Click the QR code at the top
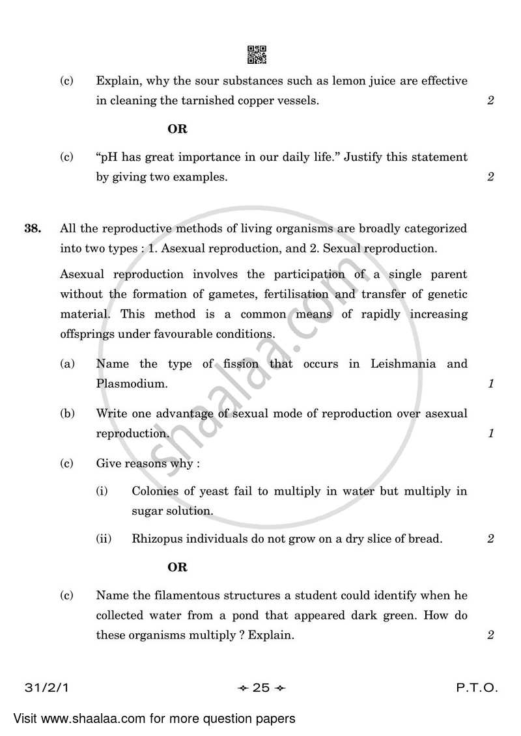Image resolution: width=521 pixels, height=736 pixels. (257, 55)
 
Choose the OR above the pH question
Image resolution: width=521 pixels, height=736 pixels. (177, 129)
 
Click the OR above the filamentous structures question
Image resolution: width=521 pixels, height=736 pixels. (177, 567)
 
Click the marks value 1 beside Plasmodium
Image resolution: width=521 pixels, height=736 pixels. (490, 384)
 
